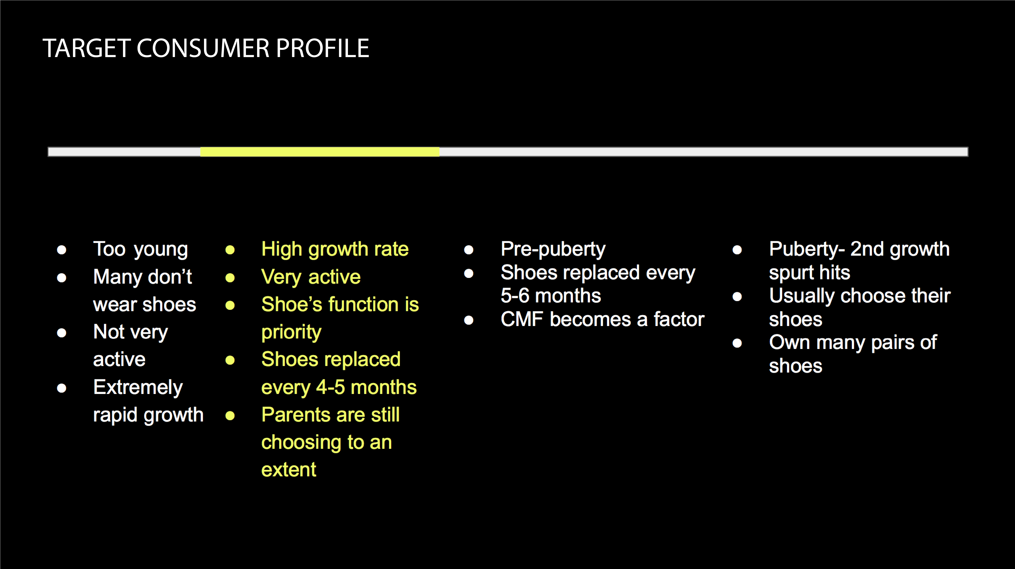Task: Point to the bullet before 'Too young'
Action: tap(61, 250)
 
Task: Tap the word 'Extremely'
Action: tap(138, 387)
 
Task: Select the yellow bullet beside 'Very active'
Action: tap(230, 278)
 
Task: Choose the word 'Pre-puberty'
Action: tap(553, 249)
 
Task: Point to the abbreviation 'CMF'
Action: tap(522, 319)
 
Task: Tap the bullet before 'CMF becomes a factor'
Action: tap(469, 320)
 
